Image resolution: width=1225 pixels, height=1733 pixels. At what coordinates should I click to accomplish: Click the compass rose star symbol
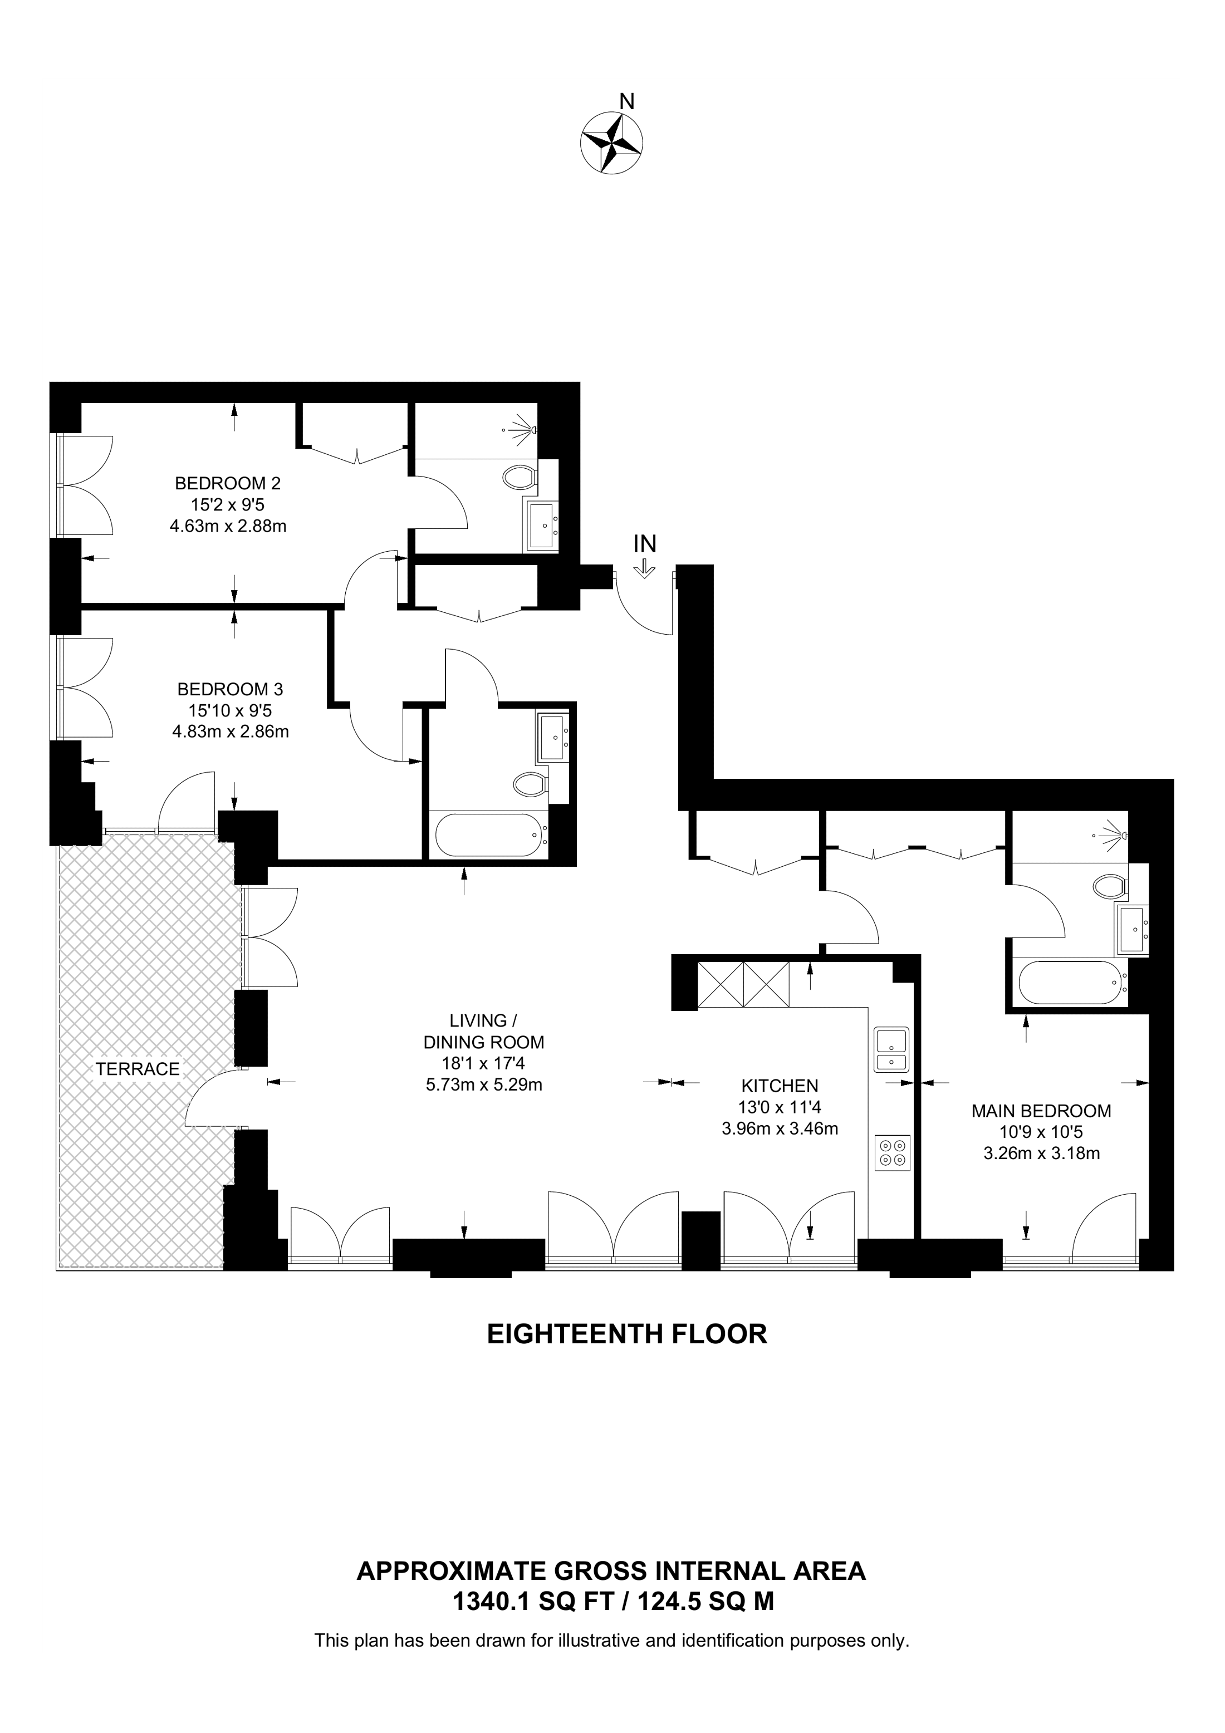coord(611,142)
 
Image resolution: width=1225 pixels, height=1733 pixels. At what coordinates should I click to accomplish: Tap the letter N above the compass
coord(626,100)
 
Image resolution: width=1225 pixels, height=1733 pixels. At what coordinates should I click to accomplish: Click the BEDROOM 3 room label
coord(230,689)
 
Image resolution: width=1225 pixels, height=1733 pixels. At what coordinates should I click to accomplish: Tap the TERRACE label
coord(138,1069)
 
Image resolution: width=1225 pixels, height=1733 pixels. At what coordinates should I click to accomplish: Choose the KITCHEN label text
coord(780,1086)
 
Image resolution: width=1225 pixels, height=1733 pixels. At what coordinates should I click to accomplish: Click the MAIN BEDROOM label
coord(1041,1111)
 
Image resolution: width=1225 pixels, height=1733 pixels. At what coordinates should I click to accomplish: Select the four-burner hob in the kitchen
coord(892,1152)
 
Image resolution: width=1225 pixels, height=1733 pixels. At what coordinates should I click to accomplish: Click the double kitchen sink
coord(891,1050)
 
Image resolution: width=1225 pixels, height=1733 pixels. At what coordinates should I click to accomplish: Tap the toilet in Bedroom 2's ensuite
coord(520,477)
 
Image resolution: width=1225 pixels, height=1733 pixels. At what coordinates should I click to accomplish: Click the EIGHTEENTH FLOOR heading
coord(626,1334)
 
